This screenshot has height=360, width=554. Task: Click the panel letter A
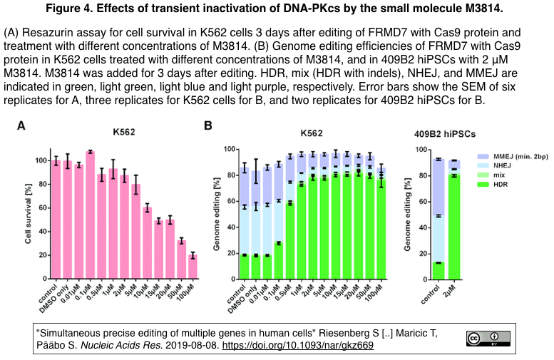coord(21,126)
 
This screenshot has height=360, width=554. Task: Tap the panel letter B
coord(208,126)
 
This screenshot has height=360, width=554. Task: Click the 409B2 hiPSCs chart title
coord(445,133)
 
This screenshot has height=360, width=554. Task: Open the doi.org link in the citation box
coord(305,346)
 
